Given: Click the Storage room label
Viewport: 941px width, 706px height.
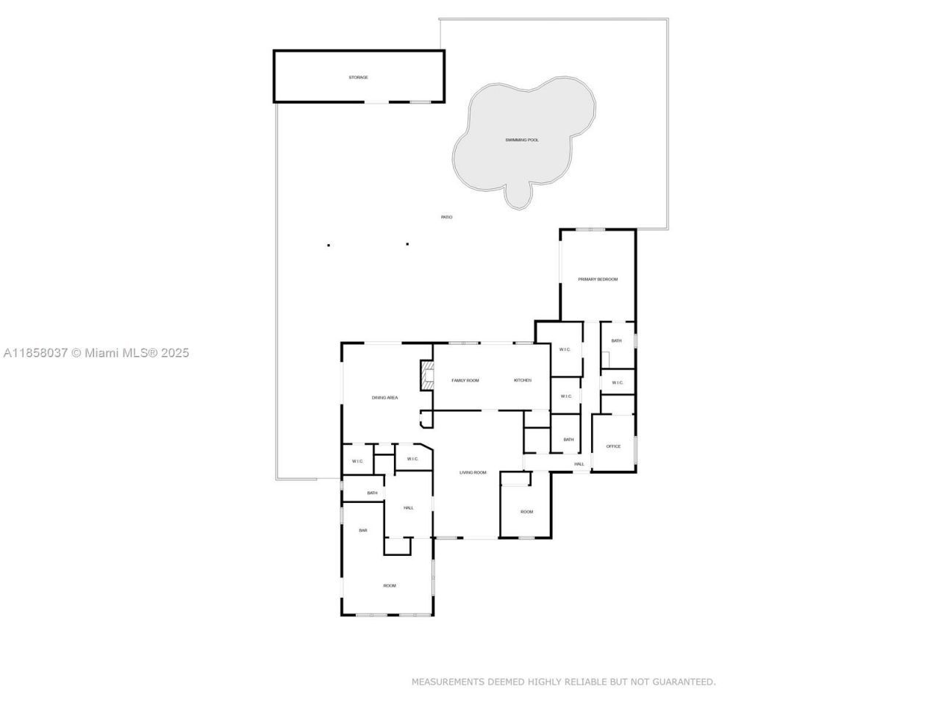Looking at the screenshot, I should [358, 77].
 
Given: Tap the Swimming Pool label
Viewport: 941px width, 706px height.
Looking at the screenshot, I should [522, 140].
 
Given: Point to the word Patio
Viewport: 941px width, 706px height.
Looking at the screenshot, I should [446, 217].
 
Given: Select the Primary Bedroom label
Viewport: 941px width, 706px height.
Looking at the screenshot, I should [598, 279].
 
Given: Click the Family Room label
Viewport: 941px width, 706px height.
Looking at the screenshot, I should [465, 380].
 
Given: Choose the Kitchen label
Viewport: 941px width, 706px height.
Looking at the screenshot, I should [522, 380].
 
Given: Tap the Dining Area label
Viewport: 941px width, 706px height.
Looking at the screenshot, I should [384, 398].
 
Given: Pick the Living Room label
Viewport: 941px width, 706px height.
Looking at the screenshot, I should [473, 472].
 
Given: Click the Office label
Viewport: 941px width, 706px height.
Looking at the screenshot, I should [613, 446].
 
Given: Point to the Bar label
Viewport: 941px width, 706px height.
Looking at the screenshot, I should [362, 530].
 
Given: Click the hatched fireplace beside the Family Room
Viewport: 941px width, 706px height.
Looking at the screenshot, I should [426, 374].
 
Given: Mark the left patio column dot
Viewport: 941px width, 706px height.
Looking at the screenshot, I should [329, 245].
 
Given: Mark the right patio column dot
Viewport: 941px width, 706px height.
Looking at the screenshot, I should [407, 244].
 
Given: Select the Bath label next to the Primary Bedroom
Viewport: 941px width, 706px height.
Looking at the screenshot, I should [616, 340].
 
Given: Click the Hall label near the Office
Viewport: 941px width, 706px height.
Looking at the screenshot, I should [579, 464].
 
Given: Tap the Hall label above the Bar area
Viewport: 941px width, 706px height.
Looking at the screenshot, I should [408, 507].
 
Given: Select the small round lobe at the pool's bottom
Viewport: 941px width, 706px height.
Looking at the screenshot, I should [519, 194].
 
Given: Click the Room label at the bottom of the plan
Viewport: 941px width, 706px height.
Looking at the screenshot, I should [389, 585].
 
